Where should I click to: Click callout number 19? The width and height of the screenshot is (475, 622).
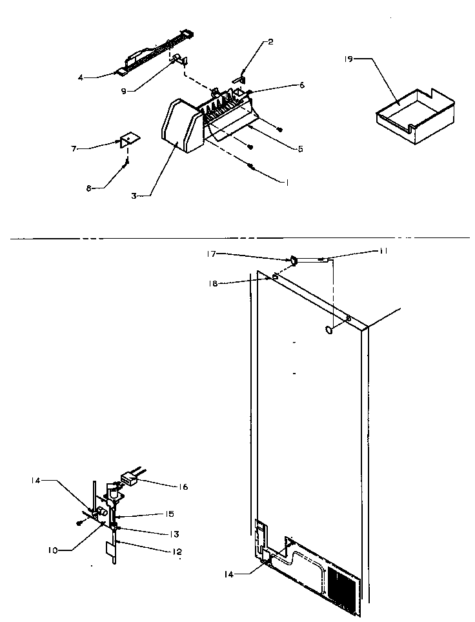click(x=349, y=59)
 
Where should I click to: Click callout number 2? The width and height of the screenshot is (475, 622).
click(x=270, y=42)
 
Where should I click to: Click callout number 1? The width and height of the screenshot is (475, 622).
click(x=285, y=183)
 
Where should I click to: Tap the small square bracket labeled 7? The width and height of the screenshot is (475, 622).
click(x=130, y=140)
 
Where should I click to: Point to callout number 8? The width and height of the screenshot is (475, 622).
click(x=89, y=188)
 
